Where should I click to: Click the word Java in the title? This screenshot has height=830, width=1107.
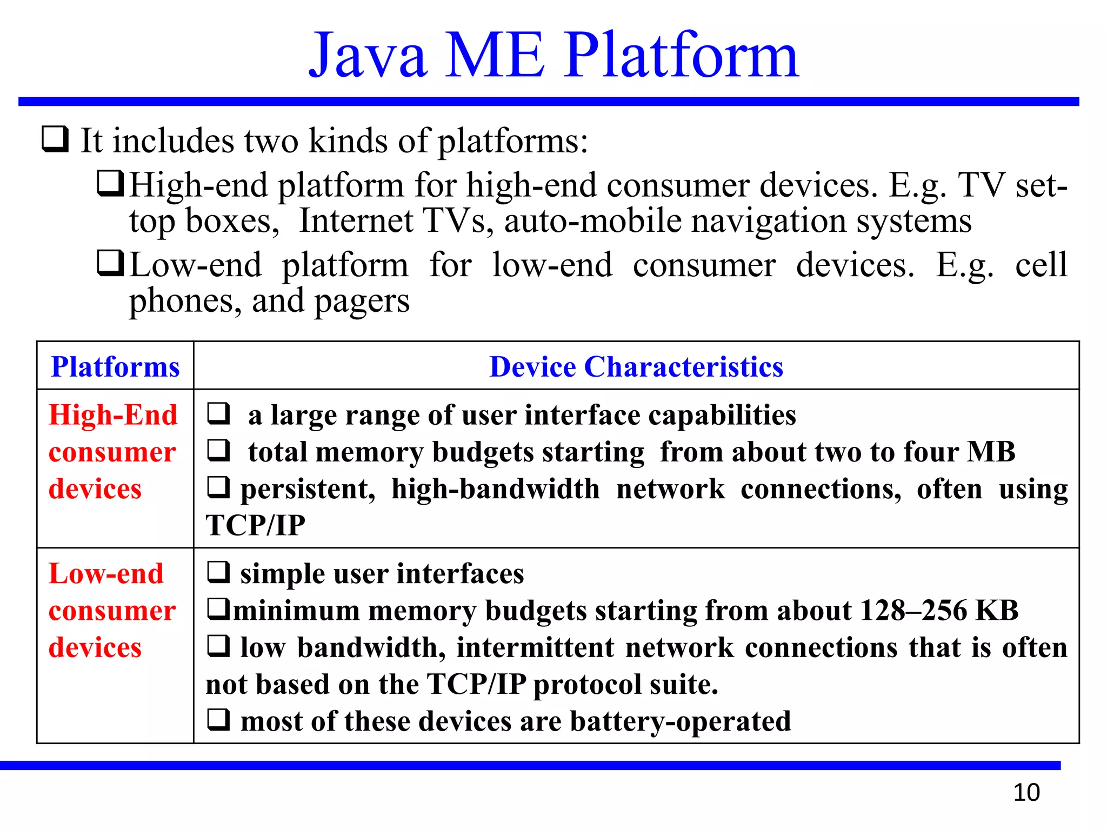pyautogui.click(x=368, y=55)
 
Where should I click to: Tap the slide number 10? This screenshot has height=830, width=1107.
pyautogui.click(x=1026, y=793)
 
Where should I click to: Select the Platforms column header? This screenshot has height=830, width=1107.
pyautogui.click(x=115, y=367)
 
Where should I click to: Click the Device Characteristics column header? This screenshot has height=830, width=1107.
pyautogui.click(x=636, y=367)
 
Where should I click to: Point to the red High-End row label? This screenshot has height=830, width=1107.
pyautogui.click(x=113, y=415)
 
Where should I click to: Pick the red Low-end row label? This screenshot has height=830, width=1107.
pyautogui.click(x=106, y=574)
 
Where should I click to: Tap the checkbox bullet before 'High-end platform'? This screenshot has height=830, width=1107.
pyautogui.click(x=111, y=183)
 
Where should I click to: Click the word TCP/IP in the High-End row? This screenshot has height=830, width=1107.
pyautogui.click(x=255, y=525)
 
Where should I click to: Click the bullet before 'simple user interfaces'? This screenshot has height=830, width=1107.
pyautogui.click(x=218, y=572)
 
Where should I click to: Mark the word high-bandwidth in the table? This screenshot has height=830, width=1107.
pyautogui.click(x=495, y=489)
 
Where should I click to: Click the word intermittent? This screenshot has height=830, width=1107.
pyautogui.click(x=535, y=647)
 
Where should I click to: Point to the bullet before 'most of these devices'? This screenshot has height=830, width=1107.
pyautogui.click(x=218, y=720)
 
